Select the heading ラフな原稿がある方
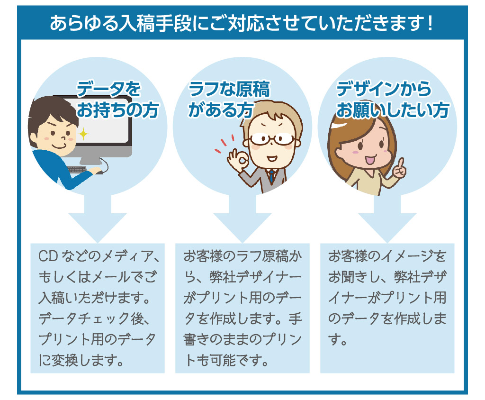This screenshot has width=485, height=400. point(229,100)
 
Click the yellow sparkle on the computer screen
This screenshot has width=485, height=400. point(83,134)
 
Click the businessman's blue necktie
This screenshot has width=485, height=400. point(271,177)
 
